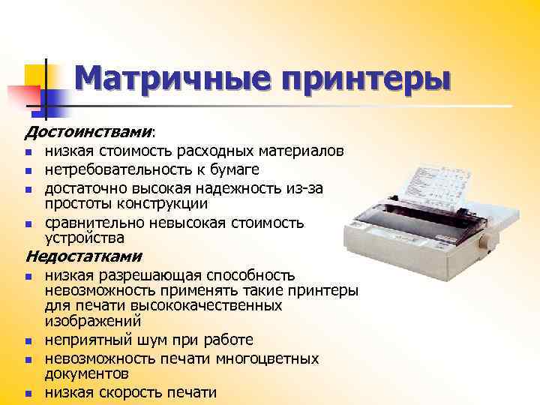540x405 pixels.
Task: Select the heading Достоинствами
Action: pyautogui.click(x=88, y=133)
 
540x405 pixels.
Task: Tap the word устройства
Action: pyautogui.click(x=85, y=238)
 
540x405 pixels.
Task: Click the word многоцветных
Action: pyautogui.click(x=271, y=358)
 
